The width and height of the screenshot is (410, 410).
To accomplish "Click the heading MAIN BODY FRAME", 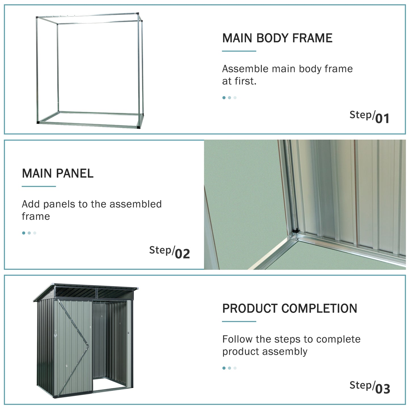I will (277, 38).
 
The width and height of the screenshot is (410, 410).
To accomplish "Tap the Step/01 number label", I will (369, 117).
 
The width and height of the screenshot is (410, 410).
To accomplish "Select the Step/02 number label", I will (169, 252).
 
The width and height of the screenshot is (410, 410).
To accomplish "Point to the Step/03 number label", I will (369, 387).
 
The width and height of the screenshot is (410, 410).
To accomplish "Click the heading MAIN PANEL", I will (58, 173).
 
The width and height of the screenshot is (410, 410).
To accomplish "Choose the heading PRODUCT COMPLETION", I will (289, 308).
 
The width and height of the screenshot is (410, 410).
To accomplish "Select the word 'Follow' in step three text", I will (237, 339).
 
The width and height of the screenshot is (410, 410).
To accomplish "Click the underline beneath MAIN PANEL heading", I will (39, 186).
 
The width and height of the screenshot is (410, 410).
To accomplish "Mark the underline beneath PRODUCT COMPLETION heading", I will (239, 321).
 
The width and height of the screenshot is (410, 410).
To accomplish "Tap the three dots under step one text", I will (229, 98).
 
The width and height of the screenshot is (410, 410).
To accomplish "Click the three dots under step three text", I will (229, 368).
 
